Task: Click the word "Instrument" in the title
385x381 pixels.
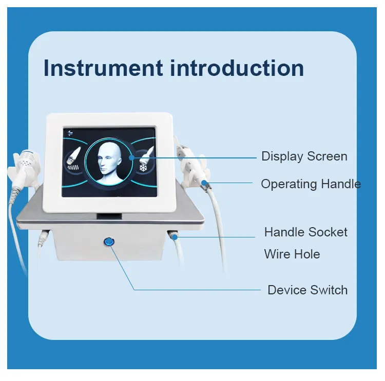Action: (103, 68)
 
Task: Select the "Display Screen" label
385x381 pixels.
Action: (304, 156)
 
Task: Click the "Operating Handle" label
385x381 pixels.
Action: (311, 184)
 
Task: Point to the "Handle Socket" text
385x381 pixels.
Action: (305, 232)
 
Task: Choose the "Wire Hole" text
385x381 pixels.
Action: (292, 254)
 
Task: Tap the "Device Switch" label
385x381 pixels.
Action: (307, 290)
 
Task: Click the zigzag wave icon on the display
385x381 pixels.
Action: (71, 167)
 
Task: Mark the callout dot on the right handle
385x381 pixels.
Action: (204, 182)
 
